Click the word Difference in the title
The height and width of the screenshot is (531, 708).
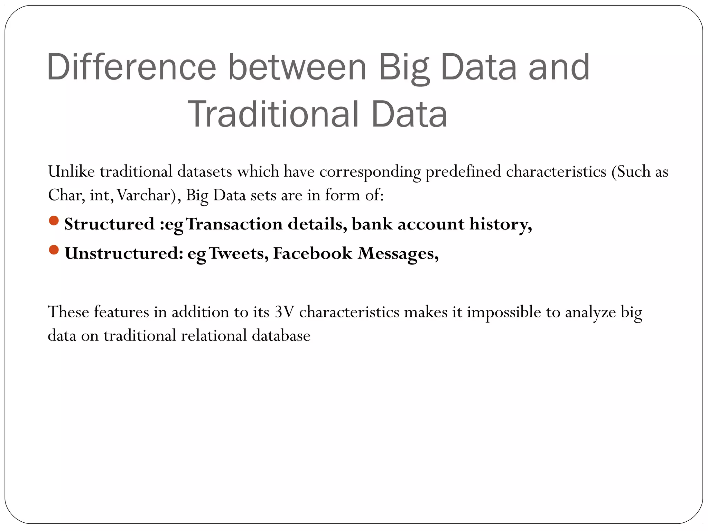click(131, 67)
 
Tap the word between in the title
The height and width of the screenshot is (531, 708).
click(297, 67)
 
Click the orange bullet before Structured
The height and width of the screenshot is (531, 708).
click(54, 221)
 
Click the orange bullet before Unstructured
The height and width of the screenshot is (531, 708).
click(54, 250)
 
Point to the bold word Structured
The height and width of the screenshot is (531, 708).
click(109, 224)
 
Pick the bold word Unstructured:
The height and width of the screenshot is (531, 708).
click(124, 253)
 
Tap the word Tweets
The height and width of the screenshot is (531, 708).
click(239, 253)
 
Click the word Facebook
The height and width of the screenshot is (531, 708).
click(313, 253)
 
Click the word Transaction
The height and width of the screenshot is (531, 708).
click(234, 224)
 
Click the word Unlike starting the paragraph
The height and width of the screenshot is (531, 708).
click(71, 171)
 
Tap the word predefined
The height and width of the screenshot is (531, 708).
click(463, 172)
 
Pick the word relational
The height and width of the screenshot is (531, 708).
click(214, 336)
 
